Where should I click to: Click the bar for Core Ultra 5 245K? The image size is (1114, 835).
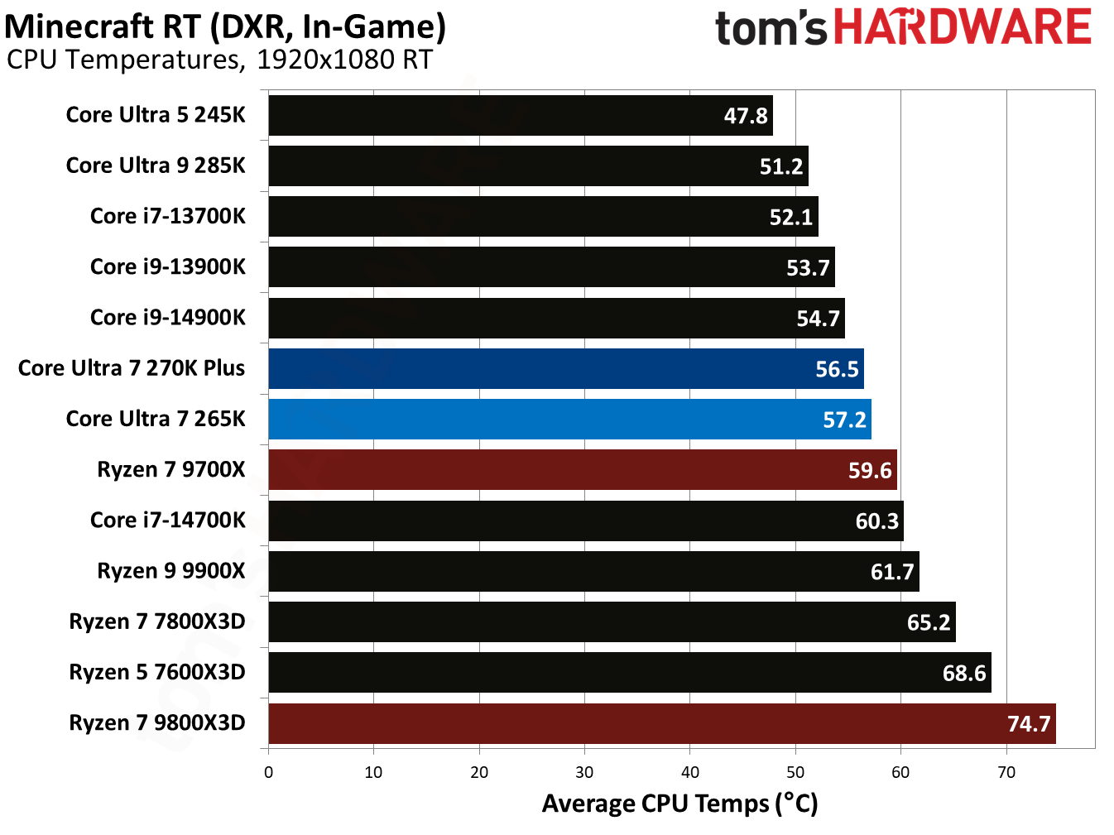520,115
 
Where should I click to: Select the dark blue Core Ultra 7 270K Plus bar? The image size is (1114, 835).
565,368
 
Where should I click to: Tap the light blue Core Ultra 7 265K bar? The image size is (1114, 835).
569,419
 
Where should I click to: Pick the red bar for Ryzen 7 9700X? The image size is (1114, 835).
582,470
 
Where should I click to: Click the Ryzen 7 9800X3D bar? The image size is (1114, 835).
661,723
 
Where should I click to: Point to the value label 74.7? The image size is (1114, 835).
1028,724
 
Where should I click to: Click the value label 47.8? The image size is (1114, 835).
745,116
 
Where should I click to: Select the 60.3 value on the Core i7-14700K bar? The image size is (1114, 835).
876,521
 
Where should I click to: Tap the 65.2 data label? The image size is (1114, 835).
928,622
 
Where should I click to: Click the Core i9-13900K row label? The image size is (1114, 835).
167,266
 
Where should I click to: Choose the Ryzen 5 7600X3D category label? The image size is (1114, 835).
156,672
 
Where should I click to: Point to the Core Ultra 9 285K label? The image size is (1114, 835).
156,166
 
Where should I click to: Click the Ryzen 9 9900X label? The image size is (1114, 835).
170,571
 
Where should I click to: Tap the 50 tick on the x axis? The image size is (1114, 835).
795,772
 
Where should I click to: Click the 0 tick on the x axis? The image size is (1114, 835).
268,772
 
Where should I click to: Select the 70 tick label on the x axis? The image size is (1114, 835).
1006,772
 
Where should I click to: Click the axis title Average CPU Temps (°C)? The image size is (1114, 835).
679,804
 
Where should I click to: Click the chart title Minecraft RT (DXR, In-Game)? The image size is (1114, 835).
225,26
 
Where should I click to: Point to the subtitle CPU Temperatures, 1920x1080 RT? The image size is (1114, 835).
219,60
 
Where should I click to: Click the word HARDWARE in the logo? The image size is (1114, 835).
962,27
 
